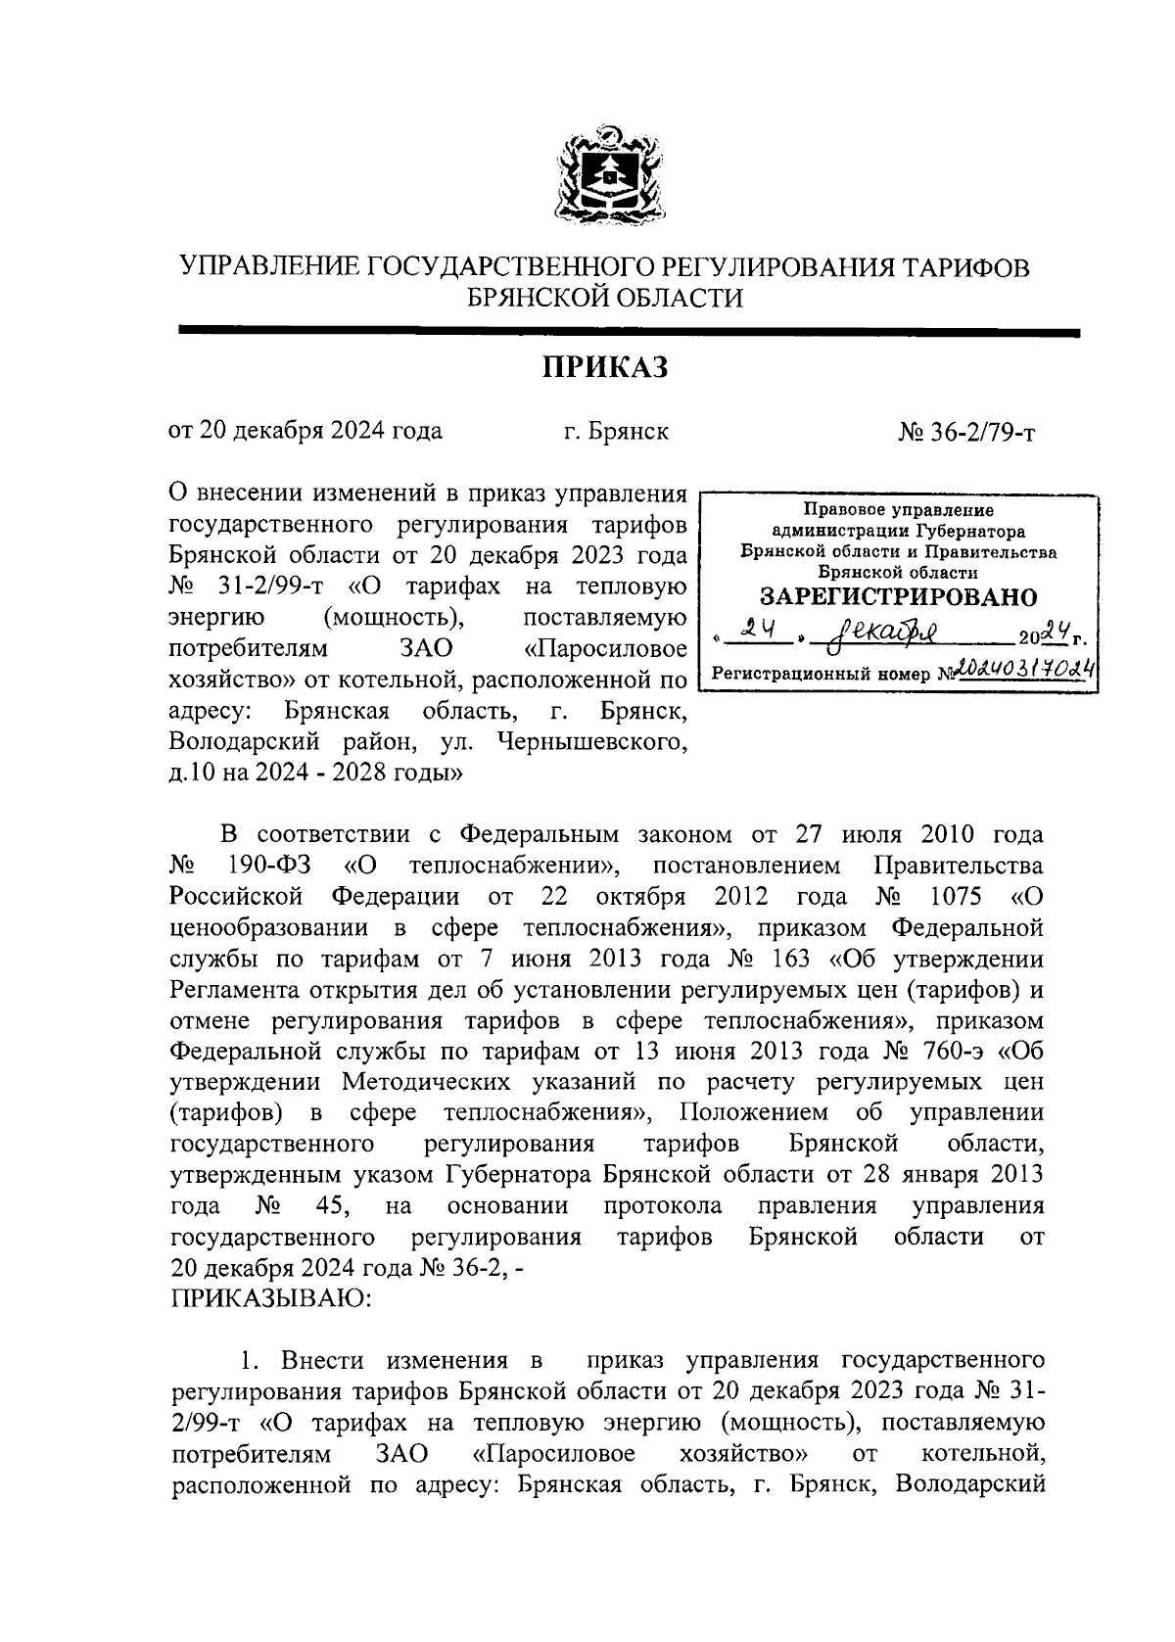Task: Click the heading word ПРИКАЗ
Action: point(604,368)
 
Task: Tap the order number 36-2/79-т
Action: point(978,432)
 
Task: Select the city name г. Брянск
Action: point(616,431)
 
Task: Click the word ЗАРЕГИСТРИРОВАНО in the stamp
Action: point(898,596)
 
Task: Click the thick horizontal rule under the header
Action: point(627,333)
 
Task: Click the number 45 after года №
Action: point(321,1204)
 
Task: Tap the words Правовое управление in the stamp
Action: point(898,509)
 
